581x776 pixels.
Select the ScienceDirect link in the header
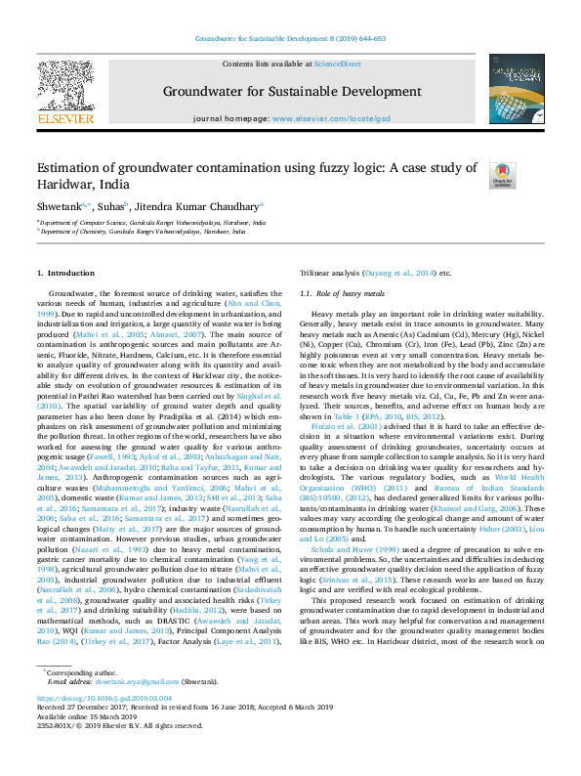[337, 64]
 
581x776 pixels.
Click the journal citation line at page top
[290, 39]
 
